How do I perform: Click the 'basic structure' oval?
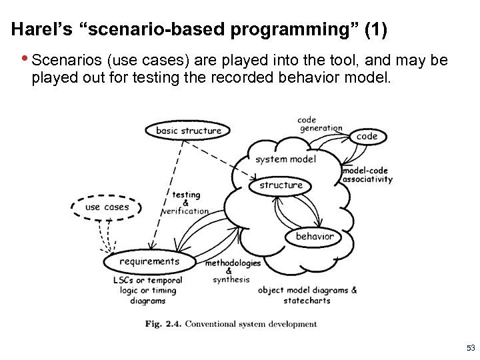[x=188, y=131]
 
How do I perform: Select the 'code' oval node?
[x=367, y=136]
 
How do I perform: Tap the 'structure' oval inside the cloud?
[x=281, y=185]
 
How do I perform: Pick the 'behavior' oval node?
[x=314, y=236]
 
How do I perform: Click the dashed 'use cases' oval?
[x=107, y=207]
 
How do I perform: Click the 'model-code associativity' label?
[x=367, y=175]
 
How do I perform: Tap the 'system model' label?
[x=285, y=159]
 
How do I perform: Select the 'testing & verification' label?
[x=185, y=203]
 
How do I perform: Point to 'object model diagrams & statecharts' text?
[x=307, y=295]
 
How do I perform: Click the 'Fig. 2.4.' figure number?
[x=163, y=325]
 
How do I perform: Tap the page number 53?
[x=471, y=348]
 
